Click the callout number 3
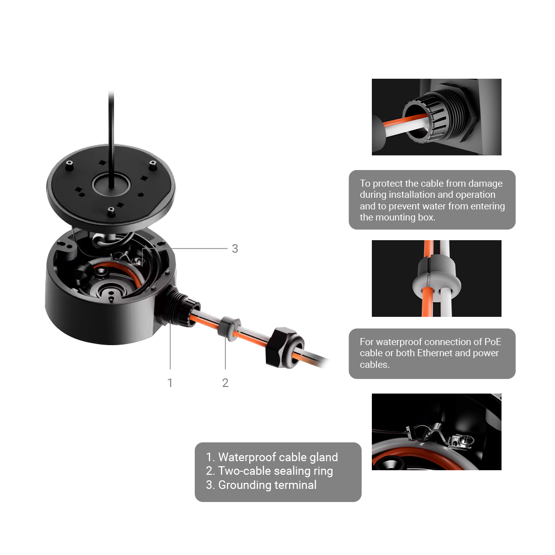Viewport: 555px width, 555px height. pos(235,248)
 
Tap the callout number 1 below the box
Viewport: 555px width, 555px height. pos(170,382)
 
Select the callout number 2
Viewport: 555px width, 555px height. pos(225,382)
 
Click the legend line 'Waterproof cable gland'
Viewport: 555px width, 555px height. pos(272,457)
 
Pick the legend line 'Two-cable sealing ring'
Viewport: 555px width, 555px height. pos(269,471)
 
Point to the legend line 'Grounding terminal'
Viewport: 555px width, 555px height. pos(261,485)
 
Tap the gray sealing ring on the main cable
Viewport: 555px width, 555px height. pos(229,329)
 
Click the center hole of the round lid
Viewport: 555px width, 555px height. pos(111,184)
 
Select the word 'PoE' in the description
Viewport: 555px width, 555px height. pos(493,342)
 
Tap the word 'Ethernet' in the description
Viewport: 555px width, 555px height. pos(435,353)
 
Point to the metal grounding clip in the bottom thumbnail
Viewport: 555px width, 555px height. pos(439,435)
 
